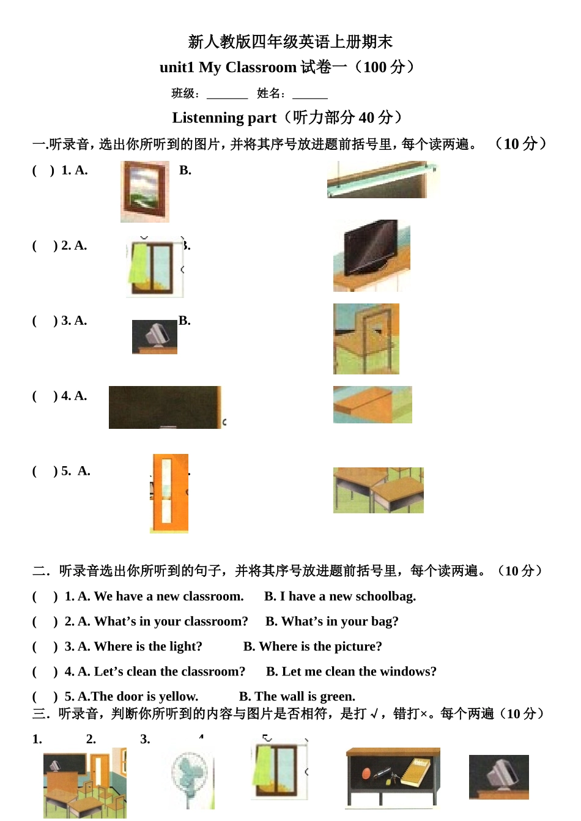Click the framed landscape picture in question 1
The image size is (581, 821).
[145, 191]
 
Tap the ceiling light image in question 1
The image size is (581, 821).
[382, 180]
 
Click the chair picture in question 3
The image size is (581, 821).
[366, 338]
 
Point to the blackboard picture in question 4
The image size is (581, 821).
[165, 407]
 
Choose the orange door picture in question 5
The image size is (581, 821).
[169, 493]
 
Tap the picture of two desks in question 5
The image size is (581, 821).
[378, 490]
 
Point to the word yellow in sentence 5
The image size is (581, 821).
[178, 697]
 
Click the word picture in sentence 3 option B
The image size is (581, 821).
[355, 647]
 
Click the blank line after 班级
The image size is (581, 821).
[227, 95]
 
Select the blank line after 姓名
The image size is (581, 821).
[309, 95]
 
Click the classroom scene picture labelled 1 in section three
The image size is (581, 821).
[84, 783]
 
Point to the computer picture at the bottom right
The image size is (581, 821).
[498, 777]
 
